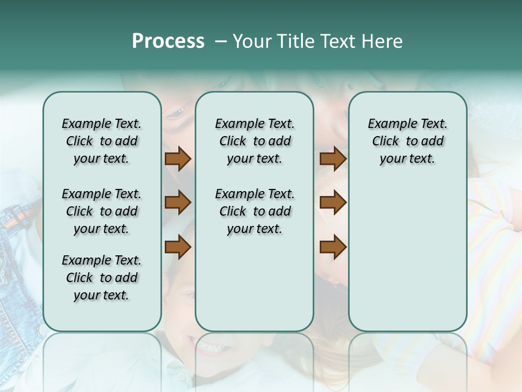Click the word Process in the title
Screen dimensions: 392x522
(168, 41)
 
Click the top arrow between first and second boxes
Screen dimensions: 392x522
(178, 159)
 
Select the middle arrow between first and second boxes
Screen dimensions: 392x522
(178, 203)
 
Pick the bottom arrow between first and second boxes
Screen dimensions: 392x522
(178, 247)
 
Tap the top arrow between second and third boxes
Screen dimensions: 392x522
(333, 159)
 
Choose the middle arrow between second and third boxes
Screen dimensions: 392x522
(333, 203)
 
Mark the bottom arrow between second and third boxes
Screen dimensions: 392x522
(333, 247)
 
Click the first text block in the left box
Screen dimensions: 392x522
(102, 141)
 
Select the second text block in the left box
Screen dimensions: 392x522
(102, 211)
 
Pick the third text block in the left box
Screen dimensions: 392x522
(102, 278)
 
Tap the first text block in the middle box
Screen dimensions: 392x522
(254, 141)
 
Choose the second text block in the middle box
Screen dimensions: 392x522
(254, 211)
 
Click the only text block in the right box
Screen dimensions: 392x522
(407, 141)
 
